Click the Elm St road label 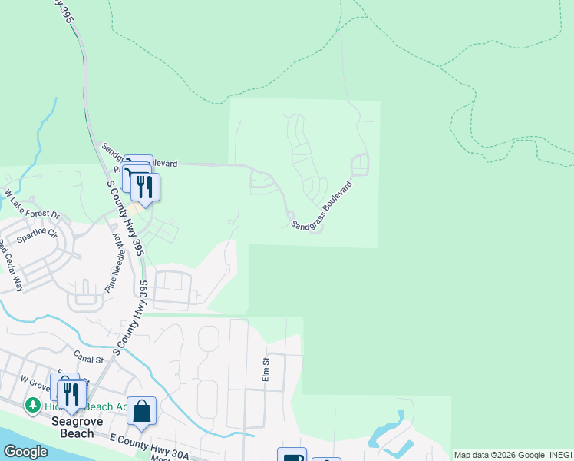(x=266, y=370)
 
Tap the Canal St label (x=89, y=359)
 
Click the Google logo (x=25, y=452)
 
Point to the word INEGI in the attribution (x=559, y=455)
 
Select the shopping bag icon (x=142, y=411)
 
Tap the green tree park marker (x=33, y=404)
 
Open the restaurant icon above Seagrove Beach (x=72, y=393)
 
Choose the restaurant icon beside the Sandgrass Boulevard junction (x=144, y=186)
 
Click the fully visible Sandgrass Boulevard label (x=321, y=205)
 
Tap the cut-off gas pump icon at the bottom (x=292, y=456)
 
